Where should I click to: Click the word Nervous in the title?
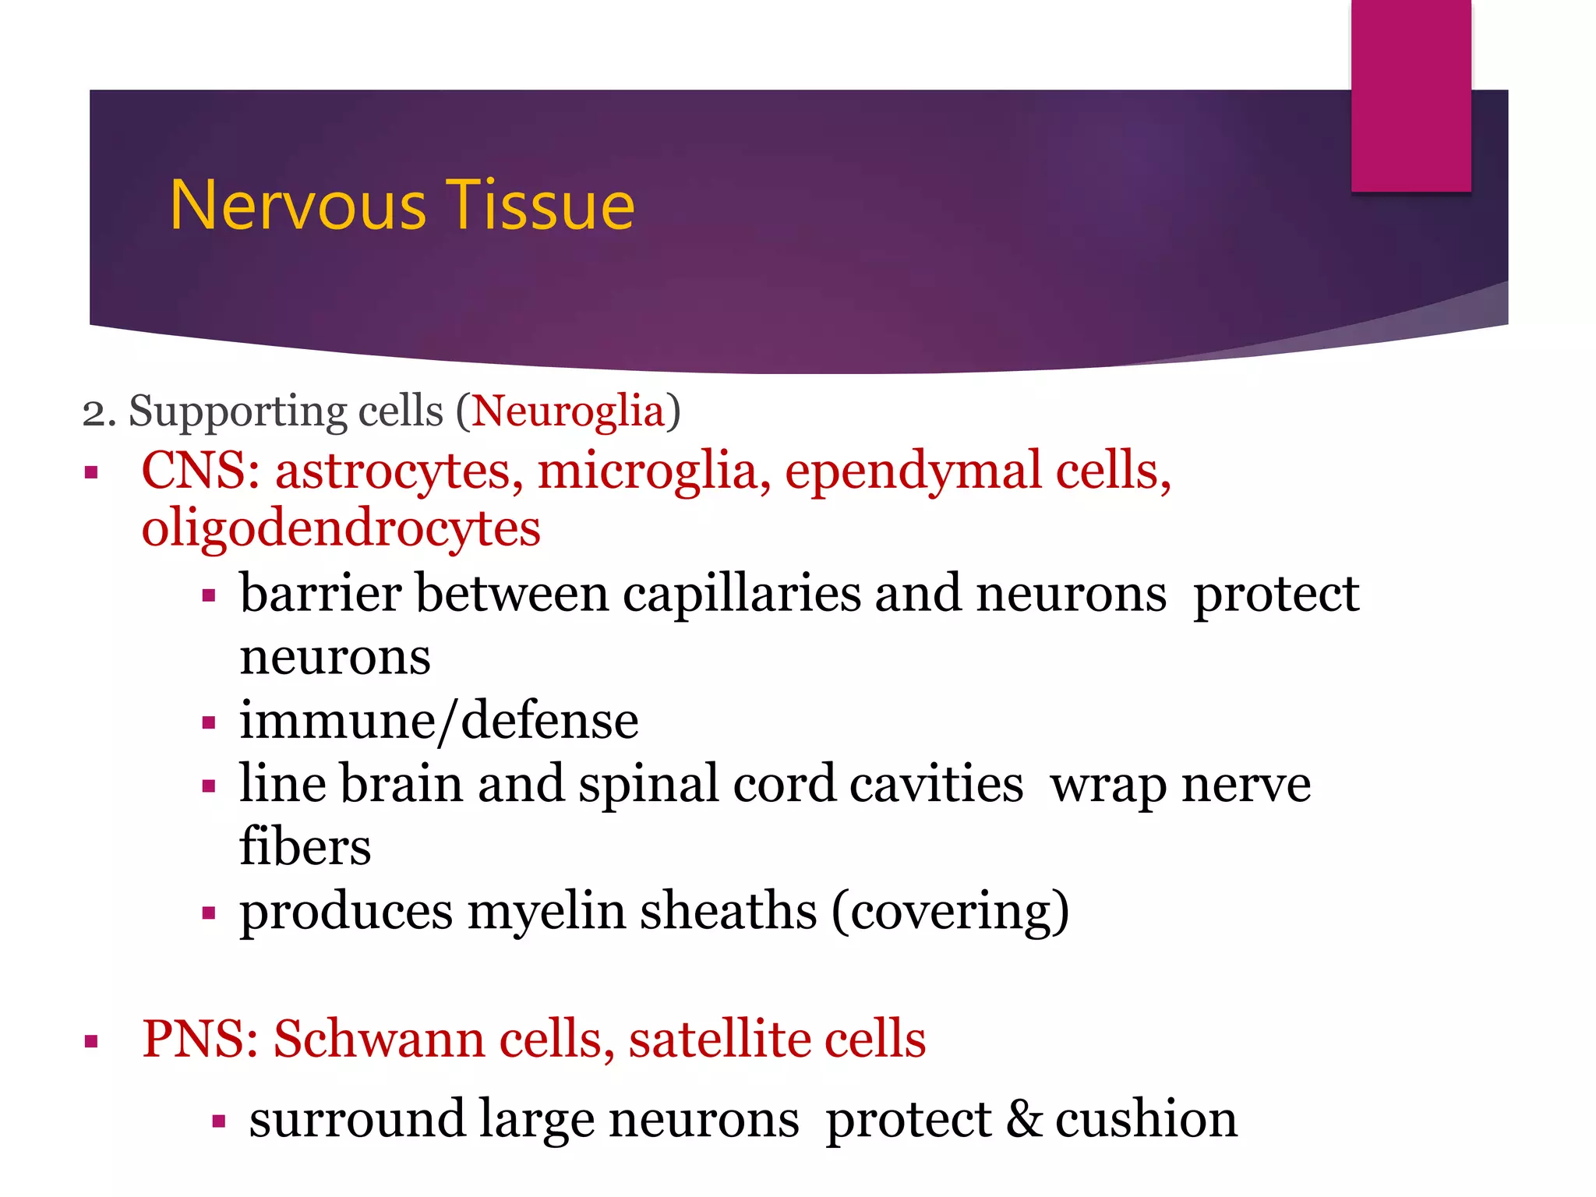pyautogui.click(x=298, y=206)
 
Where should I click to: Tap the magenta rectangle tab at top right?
pyautogui.click(x=1411, y=95)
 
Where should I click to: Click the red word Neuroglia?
pyautogui.click(x=568, y=411)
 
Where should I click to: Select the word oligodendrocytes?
pyautogui.click(x=341, y=530)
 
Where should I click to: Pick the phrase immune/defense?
pyautogui.click(x=439, y=722)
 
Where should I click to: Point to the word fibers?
pyautogui.click(x=305, y=846)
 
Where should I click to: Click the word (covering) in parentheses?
pyautogui.click(x=950, y=912)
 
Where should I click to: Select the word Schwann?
pyautogui.click(x=379, y=1040)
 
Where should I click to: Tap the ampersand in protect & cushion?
pyautogui.click(x=1023, y=1121)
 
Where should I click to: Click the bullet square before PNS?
pyautogui.click(x=92, y=1041)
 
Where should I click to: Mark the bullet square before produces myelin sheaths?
pyautogui.click(x=208, y=913)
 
